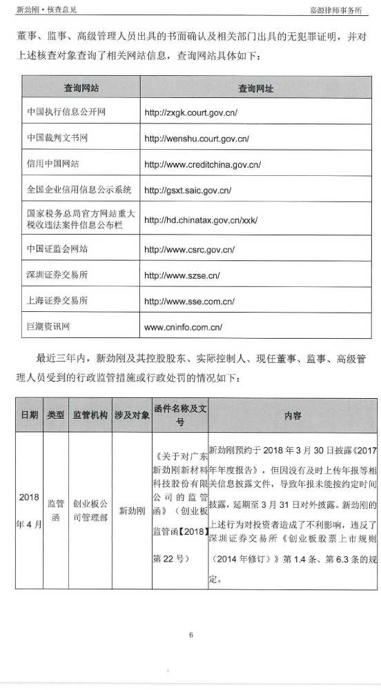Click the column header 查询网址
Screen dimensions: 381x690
(x=255, y=88)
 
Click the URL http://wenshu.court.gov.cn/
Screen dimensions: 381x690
(x=197, y=138)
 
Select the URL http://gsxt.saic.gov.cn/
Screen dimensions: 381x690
(x=188, y=190)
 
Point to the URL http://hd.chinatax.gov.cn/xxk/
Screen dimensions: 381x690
(x=201, y=220)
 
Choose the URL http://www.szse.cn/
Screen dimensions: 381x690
(x=182, y=275)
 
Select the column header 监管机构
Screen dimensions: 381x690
(x=90, y=416)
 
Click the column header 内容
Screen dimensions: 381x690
(x=293, y=416)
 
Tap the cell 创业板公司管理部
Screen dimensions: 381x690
(x=90, y=511)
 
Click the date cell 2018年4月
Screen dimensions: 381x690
(x=29, y=511)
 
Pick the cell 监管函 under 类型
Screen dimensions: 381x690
(x=55, y=511)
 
